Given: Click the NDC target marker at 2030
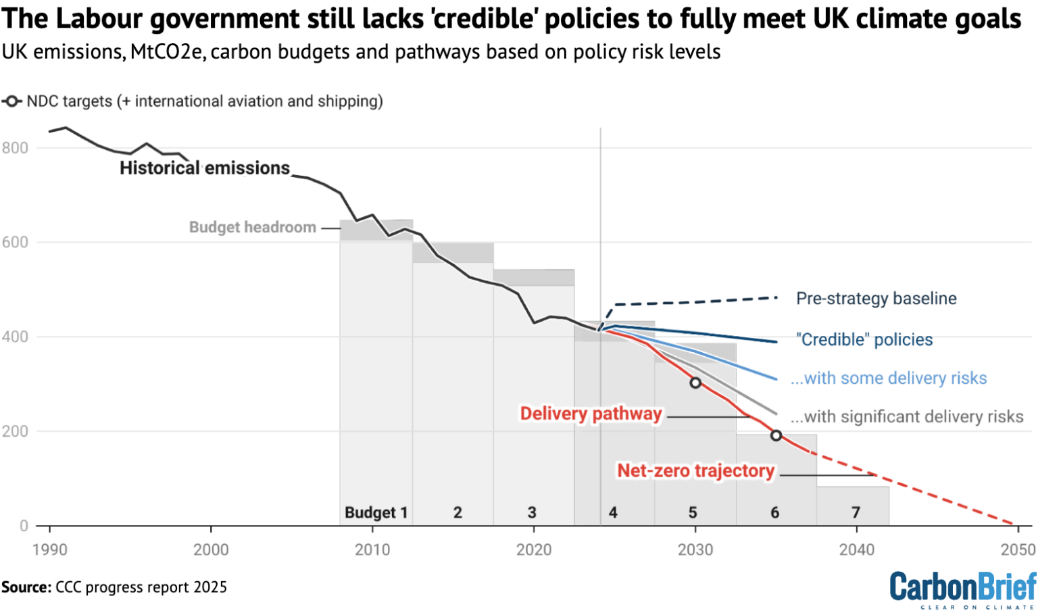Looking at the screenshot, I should point(695,383).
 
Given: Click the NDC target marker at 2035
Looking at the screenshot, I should point(776,436).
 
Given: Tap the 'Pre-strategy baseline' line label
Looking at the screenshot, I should point(876,299).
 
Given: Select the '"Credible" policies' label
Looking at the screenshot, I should point(864,340).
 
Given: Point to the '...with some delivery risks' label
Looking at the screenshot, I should point(889,378).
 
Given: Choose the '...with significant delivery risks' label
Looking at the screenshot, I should point(907,417).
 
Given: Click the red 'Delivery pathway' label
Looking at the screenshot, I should point(591,414).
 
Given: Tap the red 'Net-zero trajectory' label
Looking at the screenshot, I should point(695,471).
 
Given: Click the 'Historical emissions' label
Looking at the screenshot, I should point(205,168).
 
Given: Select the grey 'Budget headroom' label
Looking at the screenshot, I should point(252,228).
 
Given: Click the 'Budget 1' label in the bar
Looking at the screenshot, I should point(376,513).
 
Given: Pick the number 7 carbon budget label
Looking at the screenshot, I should point(856,513).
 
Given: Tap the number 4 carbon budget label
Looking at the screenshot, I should point(613,513).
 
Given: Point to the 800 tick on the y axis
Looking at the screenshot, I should point(15,149).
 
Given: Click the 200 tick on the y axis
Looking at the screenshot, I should point(15,432).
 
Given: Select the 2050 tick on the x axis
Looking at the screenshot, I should point(1018,550).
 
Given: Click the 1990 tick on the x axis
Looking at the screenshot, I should point(50,550).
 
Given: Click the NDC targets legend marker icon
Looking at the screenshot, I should point(11,102).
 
